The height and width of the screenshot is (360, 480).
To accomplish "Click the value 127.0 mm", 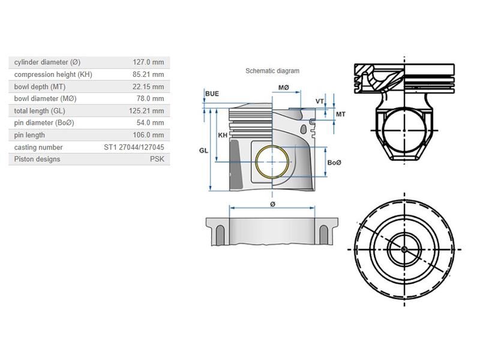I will click(x=148, y=62).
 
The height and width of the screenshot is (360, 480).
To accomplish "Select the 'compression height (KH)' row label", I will click(x=53, y=74).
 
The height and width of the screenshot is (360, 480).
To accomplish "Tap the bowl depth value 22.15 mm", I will click(x=148, y=86).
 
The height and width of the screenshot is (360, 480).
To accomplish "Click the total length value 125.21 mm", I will click(x=147, y=111).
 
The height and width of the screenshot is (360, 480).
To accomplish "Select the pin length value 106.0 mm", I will click(x=148, y=135).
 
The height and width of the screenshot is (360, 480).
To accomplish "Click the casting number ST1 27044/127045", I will click(x=134, y=147).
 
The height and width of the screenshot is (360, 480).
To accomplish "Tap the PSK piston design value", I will click(x=157, y=159).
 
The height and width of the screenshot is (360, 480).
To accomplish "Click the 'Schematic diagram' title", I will click(x=272, y=71).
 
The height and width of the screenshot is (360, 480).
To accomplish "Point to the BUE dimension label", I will click(x=212, y=94).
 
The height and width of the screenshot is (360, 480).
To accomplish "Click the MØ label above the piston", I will click(x=284, y=88).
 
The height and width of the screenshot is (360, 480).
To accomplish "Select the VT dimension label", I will click(x=319, y=101).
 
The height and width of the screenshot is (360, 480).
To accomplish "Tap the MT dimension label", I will click(x=340, y=114).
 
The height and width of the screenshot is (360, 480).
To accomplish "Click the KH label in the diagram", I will click(x=223, y=136).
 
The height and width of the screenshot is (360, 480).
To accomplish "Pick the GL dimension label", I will click(x=203, y=151).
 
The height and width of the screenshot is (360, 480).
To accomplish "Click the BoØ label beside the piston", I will click(x=335, y=163).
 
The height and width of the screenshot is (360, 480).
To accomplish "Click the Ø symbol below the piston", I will click(x=272, y=205).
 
